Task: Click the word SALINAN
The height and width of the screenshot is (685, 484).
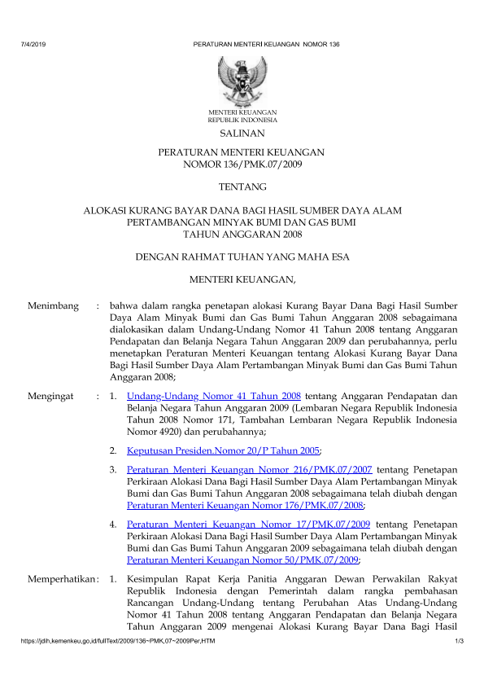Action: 242,132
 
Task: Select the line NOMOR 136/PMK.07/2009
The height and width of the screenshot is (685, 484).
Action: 242,165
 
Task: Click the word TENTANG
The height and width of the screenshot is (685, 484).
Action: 242,187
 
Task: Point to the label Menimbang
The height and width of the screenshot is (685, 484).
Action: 53,306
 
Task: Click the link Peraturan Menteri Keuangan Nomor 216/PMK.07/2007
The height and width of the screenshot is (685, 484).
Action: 250,470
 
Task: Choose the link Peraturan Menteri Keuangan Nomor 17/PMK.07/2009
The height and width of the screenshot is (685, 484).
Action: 250,525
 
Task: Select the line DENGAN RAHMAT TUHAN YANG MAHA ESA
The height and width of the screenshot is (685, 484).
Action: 242,258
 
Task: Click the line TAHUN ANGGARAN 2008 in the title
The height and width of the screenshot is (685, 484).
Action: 242,235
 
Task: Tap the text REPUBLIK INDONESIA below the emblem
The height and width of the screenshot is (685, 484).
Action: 242,119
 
